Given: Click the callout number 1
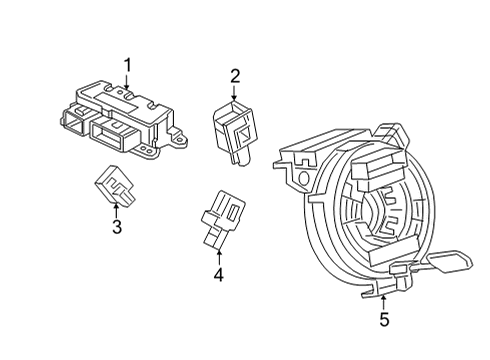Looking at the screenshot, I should (x=128, y=66).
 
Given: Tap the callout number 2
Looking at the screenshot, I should (x=235, y=75).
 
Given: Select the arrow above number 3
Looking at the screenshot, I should (x=116, y=208).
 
